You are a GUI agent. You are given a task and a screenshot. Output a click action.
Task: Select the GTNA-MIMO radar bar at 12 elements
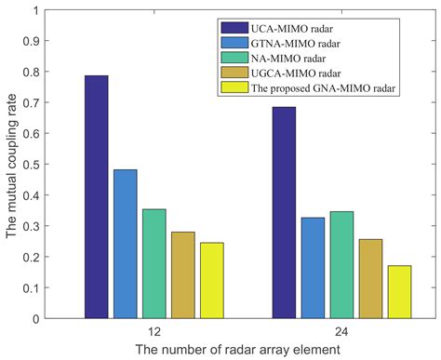125,244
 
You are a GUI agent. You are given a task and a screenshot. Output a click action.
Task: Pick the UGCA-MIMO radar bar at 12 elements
182,275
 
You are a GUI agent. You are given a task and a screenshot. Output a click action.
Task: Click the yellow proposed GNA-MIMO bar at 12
211,280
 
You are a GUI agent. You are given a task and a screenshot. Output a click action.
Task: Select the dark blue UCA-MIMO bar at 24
284,213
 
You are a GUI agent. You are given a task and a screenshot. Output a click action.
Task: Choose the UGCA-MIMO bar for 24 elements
370,279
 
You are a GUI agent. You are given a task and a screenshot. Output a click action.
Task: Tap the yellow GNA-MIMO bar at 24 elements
399,292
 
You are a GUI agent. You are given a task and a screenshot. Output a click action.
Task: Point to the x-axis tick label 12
154,330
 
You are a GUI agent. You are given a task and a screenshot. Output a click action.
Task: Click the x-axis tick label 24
341,330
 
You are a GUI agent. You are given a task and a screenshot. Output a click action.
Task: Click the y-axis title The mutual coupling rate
12,165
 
